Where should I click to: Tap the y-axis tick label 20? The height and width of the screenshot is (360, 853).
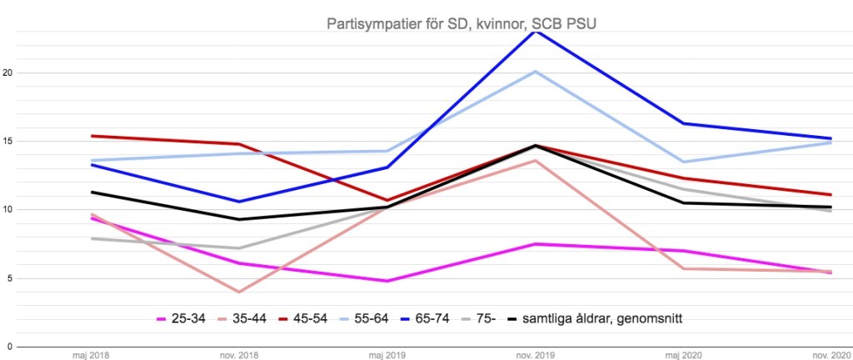click(8, 72)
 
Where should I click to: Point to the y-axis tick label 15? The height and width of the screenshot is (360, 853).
click(8, 141)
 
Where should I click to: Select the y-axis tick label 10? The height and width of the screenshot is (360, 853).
click(8, 209)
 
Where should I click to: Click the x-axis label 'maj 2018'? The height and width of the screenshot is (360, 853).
click(91, 354)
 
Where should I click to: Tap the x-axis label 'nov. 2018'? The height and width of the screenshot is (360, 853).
click(239, 354)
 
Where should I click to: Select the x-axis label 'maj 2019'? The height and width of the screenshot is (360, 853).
click(387, 354)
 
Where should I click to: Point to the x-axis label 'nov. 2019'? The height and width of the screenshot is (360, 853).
click(535, 354)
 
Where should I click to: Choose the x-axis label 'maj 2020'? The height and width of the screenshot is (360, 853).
click(683, 354)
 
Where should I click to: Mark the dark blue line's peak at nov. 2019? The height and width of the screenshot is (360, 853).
click(535, 31)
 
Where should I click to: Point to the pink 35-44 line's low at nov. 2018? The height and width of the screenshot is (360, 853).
click(239, 292)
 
